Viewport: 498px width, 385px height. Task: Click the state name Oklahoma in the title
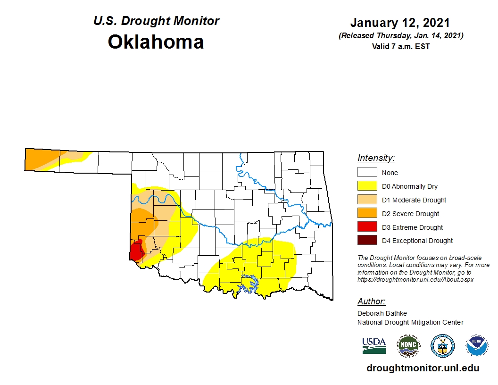156,42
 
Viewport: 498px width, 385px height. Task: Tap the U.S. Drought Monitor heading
156,21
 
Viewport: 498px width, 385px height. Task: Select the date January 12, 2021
399,23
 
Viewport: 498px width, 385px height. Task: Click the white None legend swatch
367,173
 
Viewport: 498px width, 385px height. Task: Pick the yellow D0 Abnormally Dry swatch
367,186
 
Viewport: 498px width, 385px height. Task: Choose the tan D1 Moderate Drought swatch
367,200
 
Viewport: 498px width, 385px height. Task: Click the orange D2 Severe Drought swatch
367,214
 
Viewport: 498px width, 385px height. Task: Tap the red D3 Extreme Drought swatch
367,227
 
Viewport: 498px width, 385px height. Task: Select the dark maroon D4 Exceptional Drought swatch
367,241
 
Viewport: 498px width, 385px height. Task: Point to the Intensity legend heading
376,158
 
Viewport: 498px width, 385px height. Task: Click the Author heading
371,301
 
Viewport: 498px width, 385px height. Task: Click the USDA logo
374,345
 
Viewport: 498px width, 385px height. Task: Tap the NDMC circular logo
408,346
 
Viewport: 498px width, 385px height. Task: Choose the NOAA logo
477,346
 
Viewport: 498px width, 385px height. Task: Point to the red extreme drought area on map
136,251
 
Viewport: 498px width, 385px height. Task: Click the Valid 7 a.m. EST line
399,46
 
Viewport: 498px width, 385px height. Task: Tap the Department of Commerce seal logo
442,346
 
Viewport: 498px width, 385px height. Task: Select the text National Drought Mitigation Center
410,322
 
